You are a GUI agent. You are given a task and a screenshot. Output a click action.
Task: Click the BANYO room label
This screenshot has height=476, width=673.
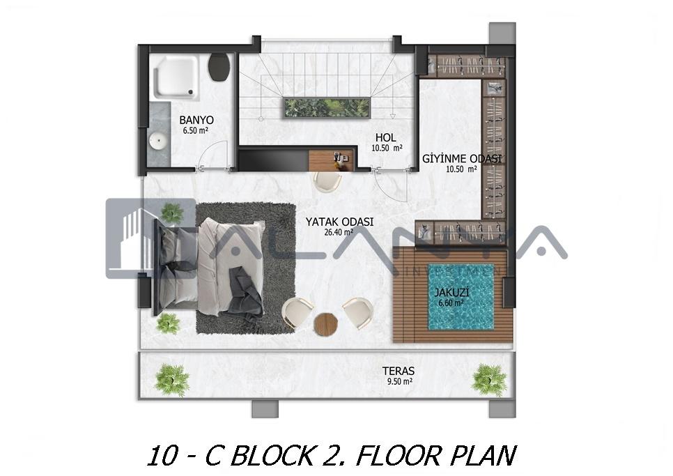[x=196, y=120]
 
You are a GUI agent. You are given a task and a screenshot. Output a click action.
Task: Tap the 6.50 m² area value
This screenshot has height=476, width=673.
[x=196, y=130]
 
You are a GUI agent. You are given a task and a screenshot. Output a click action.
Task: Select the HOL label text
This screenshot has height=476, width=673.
[x=385, y=138]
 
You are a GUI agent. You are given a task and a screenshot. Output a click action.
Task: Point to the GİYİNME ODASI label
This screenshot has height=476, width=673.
[x=462, y=159]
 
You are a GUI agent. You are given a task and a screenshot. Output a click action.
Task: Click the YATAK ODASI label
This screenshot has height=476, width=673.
[x=339, y=222]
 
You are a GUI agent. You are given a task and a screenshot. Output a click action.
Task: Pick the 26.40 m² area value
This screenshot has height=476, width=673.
[x=339, y=233]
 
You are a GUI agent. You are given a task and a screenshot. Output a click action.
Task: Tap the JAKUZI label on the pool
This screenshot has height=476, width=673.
[x=451, y=293]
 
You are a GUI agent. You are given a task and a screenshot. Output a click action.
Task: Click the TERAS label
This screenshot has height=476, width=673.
[x=399, y=371]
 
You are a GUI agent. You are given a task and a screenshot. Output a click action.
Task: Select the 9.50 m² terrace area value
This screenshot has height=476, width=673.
[x=400, y=381]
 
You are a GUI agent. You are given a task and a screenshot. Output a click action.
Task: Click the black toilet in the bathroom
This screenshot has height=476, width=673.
[x=219, y=67]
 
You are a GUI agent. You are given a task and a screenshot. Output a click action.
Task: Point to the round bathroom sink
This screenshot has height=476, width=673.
[x=158, y=141]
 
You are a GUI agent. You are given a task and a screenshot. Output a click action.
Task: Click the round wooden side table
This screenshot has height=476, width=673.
[x=326, y=323]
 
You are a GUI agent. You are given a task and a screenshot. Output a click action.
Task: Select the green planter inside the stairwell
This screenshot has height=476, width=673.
[x=326, y=107]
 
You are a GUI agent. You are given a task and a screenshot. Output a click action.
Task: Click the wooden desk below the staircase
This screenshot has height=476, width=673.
[x=332, y=160]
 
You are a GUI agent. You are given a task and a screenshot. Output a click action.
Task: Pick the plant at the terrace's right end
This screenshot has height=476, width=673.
[x=489, y=381]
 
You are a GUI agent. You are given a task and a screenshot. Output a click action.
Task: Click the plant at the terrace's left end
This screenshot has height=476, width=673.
[x=172, y=380]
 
